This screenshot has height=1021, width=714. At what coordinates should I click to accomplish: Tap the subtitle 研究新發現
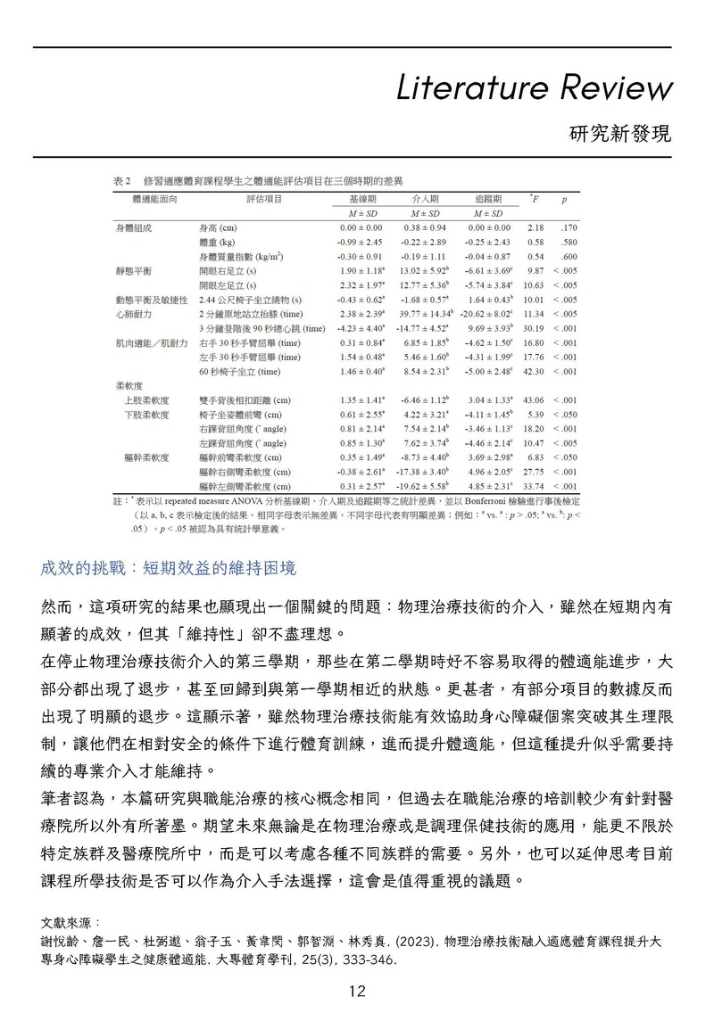pos(619,135)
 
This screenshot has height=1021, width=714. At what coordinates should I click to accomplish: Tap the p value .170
pos(569,228)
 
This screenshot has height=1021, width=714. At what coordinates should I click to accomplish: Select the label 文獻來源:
pos(71,919)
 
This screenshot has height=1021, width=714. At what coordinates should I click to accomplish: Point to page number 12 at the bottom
pos(357,992)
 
